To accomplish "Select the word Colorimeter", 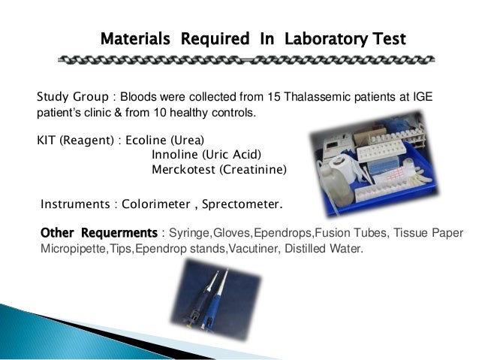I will [x=157, y=204].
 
